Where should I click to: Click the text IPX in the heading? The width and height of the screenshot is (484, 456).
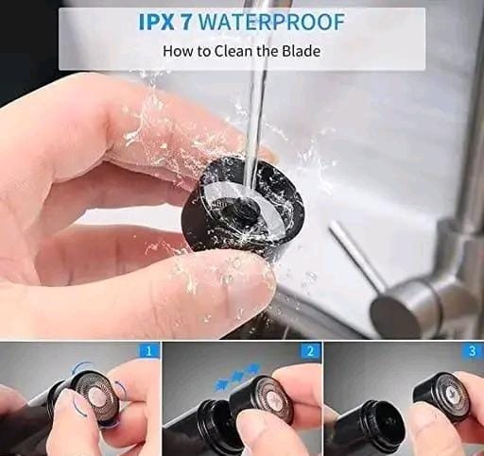(x=156, y=22)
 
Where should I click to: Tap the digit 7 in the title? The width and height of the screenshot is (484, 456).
(x=187, y=22)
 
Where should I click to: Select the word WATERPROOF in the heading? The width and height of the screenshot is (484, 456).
(x=272, y=22)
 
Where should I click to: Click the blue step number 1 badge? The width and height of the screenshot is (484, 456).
(x=149, y=351)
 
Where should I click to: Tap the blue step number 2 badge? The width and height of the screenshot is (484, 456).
(x=310, y=351)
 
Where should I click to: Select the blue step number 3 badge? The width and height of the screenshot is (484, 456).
(x=472, y=351)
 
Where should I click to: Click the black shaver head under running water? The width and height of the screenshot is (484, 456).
(x=243, y=208)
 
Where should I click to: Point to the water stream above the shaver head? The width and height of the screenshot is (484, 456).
(x=257, y=104)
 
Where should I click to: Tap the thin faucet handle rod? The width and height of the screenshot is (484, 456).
(x=356, y=253)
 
